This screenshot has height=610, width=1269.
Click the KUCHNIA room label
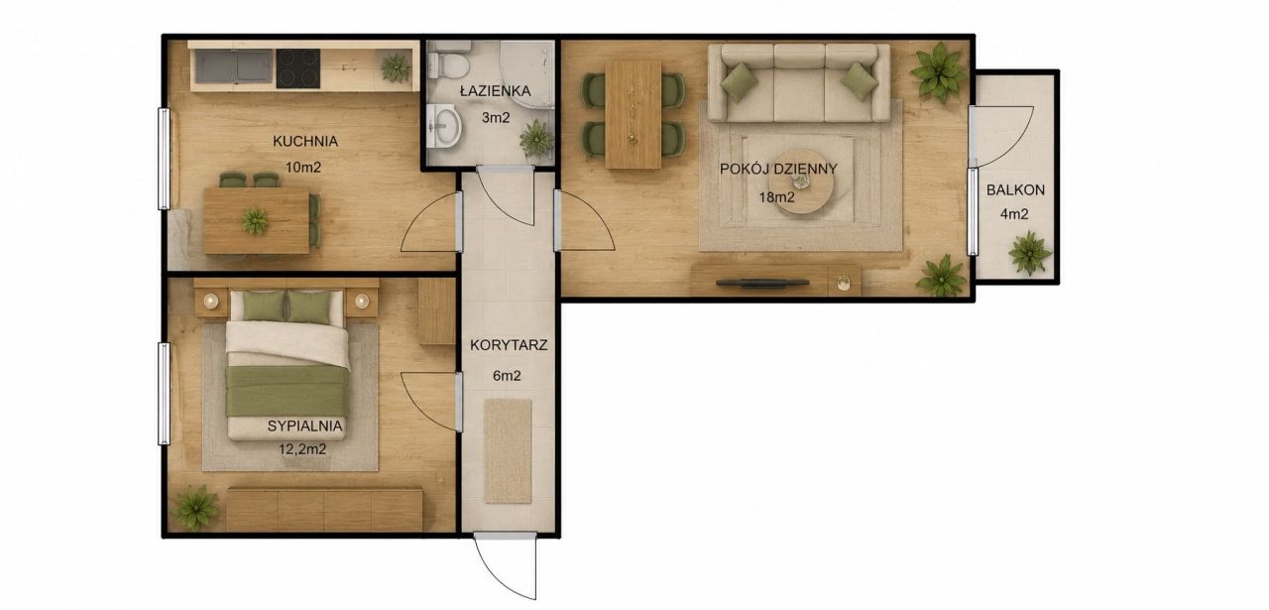(305, 141)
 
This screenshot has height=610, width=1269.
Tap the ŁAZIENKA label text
(495, 90)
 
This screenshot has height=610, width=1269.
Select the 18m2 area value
(776, 197)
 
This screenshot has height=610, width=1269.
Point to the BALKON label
(1015, 190)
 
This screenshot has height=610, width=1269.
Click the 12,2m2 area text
(302, 449)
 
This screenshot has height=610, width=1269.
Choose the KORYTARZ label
(509, 345)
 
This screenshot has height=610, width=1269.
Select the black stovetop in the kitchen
(298, 68)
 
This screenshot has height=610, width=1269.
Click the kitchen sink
(233, 66)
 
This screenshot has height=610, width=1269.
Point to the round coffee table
(803, 182)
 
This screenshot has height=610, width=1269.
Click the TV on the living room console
(762, 283)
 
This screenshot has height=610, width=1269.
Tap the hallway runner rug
(509, 451)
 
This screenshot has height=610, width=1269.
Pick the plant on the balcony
(1030, 253)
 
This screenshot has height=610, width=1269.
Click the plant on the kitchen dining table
(255, 221)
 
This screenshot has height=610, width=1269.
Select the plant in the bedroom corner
(195, 508)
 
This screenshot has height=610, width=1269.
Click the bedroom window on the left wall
(164, 394)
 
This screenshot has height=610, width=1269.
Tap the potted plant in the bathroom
(536, 138)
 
